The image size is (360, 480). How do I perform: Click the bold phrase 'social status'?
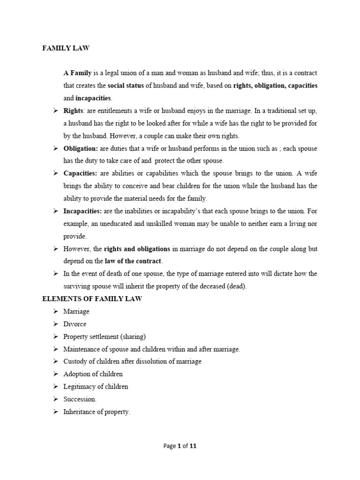coord(125,86)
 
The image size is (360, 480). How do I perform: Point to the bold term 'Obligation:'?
coord(81,148)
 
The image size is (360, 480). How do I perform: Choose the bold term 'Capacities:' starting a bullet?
coord(80,173)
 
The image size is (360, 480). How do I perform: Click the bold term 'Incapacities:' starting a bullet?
coord(82,211)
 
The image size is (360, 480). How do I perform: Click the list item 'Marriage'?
coord(76,311)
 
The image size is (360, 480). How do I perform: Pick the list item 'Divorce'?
coord(75,324)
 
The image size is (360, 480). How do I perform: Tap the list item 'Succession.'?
coord(80,399)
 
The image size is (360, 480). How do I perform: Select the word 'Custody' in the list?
coord(75,361)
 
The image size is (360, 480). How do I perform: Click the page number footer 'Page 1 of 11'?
coord(180,446)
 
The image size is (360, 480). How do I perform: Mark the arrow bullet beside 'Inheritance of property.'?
coord(55,412)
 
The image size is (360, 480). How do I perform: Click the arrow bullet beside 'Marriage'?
coord(55,311)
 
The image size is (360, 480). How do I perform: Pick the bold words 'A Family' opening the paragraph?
coord(78,73)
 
